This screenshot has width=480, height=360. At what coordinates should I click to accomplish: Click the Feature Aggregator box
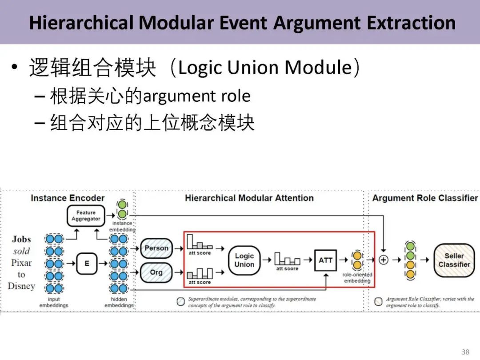[86, 216]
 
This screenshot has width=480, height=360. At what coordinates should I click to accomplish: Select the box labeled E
[86, 263]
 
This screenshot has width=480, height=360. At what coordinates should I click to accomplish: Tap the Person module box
[156, 248]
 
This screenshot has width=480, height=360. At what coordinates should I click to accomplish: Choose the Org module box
[156, 272]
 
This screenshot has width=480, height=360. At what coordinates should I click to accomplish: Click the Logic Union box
[244, 260]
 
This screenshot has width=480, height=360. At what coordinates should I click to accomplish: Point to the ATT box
[325, 260]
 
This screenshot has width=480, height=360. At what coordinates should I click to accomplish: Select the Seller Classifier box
[453, 260]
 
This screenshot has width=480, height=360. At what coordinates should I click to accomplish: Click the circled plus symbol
[383, 260]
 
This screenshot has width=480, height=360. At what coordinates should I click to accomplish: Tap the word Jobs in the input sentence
[21, 239]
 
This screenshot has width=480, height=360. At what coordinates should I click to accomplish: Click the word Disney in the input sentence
[21, 286]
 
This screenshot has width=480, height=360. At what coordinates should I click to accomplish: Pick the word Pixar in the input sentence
[21, 262]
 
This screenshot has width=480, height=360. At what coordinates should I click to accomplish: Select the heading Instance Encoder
[68, 198]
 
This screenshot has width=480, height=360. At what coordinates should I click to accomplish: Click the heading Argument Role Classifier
[425, 198]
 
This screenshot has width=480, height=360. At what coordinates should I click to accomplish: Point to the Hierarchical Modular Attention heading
[249, 198]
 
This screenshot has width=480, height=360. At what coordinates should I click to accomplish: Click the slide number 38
[465, 352]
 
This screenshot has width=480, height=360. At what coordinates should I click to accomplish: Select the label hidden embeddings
[119, 302]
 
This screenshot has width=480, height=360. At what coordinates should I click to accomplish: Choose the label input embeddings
[54, 302]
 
